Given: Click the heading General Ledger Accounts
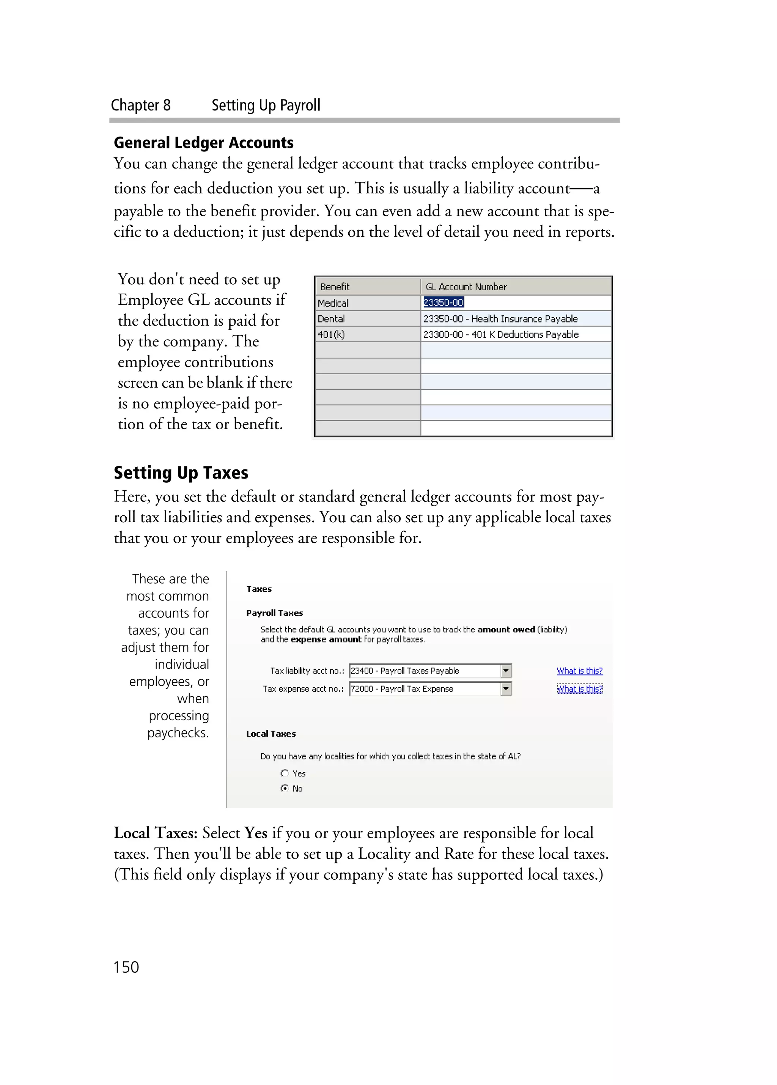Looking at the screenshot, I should pos(203,143).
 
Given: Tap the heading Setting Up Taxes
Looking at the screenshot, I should pos(181,472).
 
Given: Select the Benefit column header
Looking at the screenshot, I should pos(335,287).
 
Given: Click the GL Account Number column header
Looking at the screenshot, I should pos(466,287).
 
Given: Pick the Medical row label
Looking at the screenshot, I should pos(333,303).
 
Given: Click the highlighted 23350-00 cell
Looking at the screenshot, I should pos(443,302).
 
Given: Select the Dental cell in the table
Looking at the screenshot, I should pos(331,319).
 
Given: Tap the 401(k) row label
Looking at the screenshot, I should pos(331,334).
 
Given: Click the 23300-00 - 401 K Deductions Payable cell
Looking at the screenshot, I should pos(501,334).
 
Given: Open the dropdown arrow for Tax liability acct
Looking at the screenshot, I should pos(506,671).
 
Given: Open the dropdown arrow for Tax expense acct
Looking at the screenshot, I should pos(506,689).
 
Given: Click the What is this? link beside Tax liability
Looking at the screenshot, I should pos(579,671).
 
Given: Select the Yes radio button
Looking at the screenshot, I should pos(285,773).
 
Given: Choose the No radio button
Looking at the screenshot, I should pos(285,788).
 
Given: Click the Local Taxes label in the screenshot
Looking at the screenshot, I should pos(271,734).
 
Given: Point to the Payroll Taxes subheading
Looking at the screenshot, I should pos(274,613).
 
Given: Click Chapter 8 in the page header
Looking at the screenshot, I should pos(141,105).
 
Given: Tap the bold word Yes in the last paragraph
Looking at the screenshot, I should pos(255,833).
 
